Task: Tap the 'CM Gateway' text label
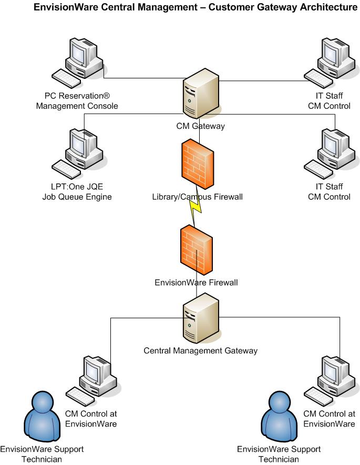tap(200, 126)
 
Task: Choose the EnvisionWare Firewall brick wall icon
tap(196, 248)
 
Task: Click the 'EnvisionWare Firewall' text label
tap(196, 282)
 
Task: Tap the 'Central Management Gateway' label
tap(201, 350)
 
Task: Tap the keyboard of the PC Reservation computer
tap(66, 79)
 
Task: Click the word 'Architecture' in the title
tap(324, 7)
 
